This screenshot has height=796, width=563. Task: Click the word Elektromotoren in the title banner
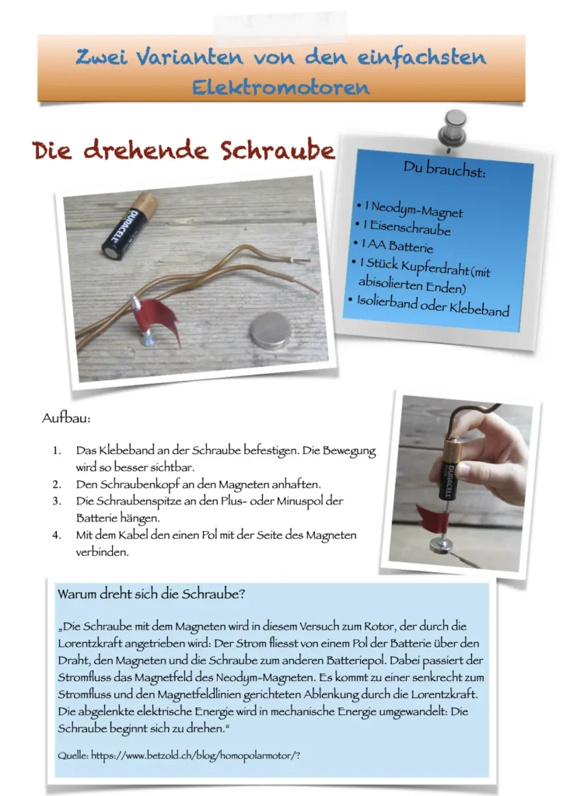point(281,87)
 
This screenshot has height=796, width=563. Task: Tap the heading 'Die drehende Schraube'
point(184,150)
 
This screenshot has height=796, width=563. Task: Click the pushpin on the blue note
point(452,131)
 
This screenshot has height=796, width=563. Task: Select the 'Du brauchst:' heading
point(444,169)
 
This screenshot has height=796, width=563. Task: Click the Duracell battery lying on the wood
point(129,225)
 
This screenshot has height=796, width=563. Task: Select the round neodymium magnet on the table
point(271,330)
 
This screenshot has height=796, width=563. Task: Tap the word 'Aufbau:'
point(66,418)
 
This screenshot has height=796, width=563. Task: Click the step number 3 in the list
point(56,501)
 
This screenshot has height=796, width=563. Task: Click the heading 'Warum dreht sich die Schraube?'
point(152,594)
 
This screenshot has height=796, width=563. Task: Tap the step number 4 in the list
point(56,535)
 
